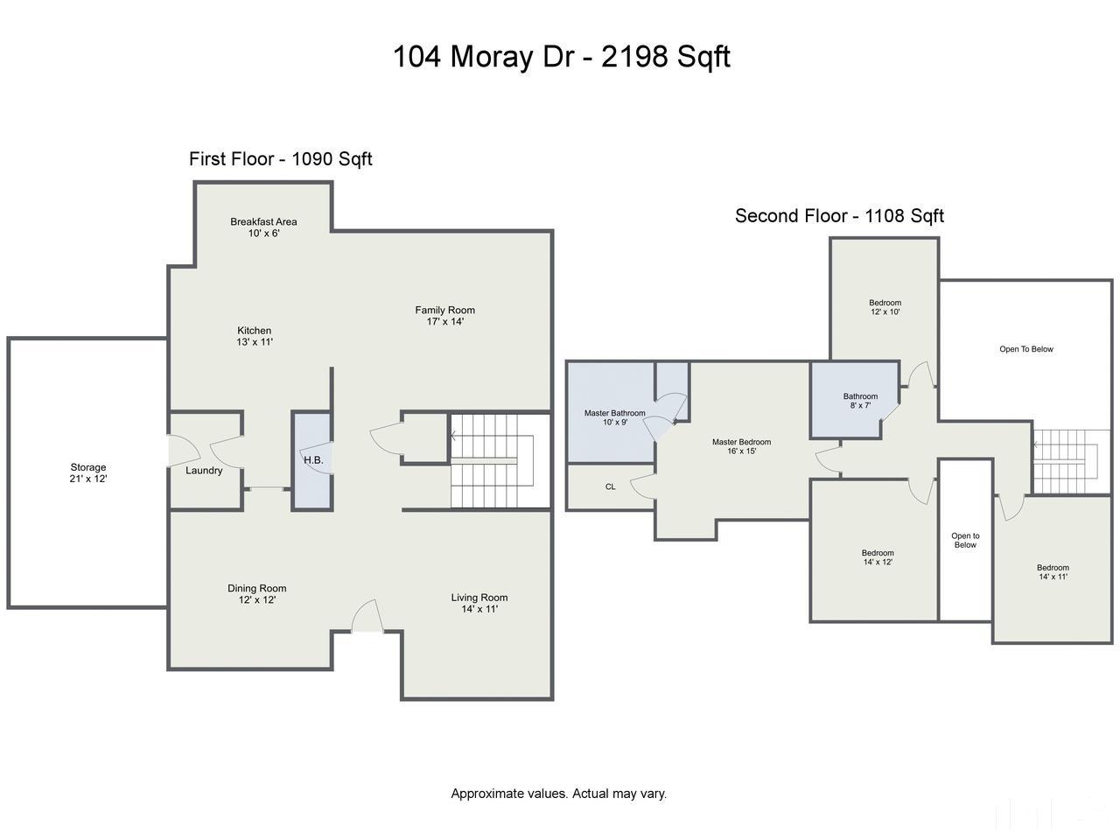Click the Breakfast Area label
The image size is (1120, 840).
click(263, 227)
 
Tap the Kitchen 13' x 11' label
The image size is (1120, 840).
click(254, 336)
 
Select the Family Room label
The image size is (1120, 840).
click(445, 316)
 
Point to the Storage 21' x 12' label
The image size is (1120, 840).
click(88, 472)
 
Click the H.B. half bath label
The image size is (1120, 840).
click(313, 460)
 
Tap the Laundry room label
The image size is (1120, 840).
click(204, 471)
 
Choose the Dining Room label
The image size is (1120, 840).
click(256, 593)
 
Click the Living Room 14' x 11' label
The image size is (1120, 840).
click(479, 603)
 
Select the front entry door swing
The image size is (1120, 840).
click(367, 616)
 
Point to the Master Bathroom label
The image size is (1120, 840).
click(615, 417)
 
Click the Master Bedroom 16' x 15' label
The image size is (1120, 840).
click(741, 446)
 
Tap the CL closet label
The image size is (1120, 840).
click(610, 486)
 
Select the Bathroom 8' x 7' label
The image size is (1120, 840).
click(860, 401)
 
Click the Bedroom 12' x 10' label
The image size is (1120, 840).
click(885, 307)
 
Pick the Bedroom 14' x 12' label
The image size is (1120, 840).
click(878, 557)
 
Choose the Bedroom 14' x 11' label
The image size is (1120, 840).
click(1053, 572)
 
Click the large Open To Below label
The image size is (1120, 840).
click(1026, 349)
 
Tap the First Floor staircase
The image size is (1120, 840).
click(492, 461)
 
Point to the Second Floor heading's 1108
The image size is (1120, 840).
click(885, 216)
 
